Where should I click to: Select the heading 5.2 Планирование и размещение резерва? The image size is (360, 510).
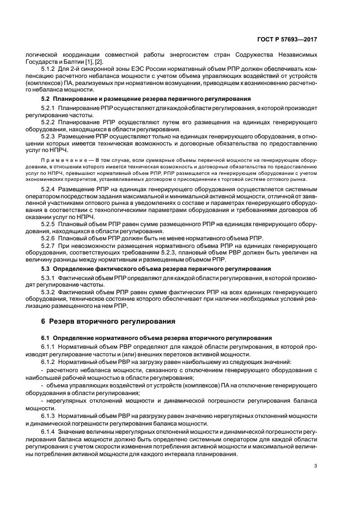pyautogui.click(x=146, y=99)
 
